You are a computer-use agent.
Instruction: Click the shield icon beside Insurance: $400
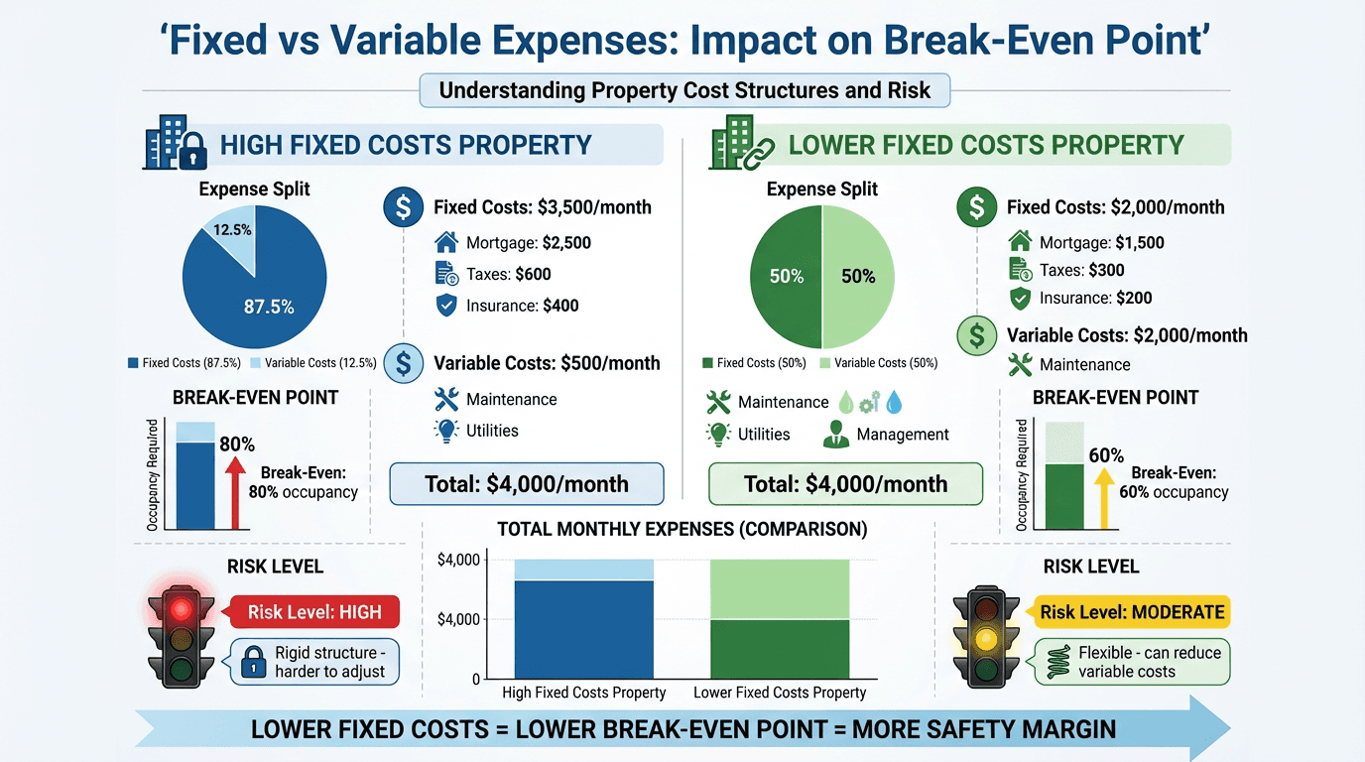tap(446, 306)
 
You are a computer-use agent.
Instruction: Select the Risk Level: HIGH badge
tap(313, 612)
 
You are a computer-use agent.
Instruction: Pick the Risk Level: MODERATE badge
tap(1132, 612)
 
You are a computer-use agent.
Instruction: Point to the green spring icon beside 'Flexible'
tap(1058, 662)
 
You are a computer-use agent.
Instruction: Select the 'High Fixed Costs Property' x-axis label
tap(583, 693)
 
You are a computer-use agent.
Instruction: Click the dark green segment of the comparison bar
tap(780, 649)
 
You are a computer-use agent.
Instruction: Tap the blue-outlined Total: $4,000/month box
tap(526, 484)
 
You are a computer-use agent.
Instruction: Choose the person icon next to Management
tap(835, 434)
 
